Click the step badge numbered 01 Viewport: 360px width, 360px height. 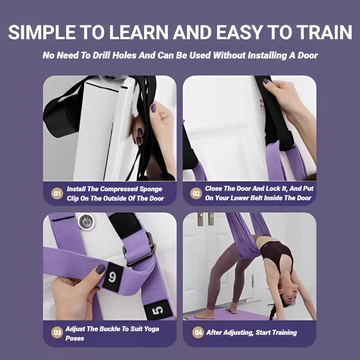(57, 194)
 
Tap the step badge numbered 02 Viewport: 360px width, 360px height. (196, 194)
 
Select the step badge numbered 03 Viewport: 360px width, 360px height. (57, 333)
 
